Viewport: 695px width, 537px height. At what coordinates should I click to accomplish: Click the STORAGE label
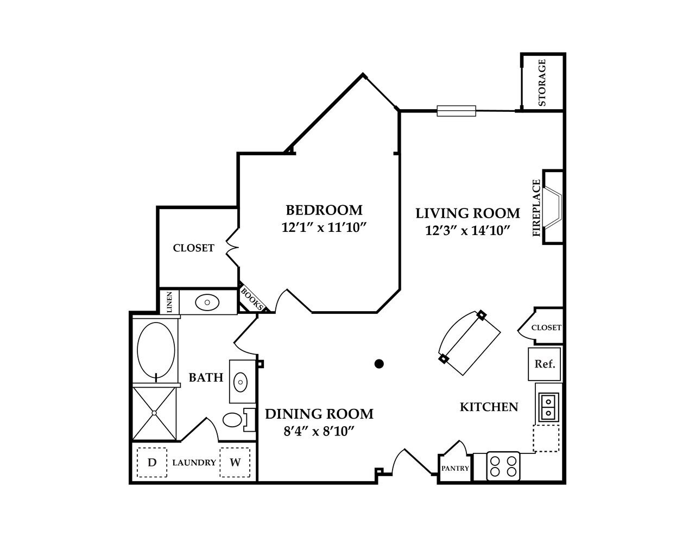tap(541, 83)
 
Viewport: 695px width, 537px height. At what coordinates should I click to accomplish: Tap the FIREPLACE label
tap(537, 208)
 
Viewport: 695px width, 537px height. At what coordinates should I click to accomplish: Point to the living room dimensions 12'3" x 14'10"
tap(467, 231)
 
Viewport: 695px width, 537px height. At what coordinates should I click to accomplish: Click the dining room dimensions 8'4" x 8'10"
tap(319, 431)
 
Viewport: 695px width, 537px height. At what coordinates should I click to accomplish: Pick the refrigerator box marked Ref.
tap(545, 364)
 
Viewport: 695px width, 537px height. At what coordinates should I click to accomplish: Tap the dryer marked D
tap(152, 463)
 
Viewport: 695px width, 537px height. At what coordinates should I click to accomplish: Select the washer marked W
tap(235, 463)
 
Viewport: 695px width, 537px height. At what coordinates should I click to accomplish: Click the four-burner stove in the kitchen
tap(503, 466)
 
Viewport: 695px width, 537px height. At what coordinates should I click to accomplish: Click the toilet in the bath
tap(235, 420)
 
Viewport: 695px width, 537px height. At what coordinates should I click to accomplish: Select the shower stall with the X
tap(155, 413)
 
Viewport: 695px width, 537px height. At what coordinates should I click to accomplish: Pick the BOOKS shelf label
tap(251, 299)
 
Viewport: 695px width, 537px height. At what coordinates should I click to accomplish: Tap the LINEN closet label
tap(169, 302)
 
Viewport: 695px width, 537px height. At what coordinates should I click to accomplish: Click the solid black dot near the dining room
tap(380, 364)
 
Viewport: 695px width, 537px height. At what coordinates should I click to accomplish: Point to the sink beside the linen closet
tap(207, 302)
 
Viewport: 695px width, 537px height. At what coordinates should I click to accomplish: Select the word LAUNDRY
tap(194, 463)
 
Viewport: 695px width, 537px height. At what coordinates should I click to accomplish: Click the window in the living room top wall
tap(456, 111)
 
